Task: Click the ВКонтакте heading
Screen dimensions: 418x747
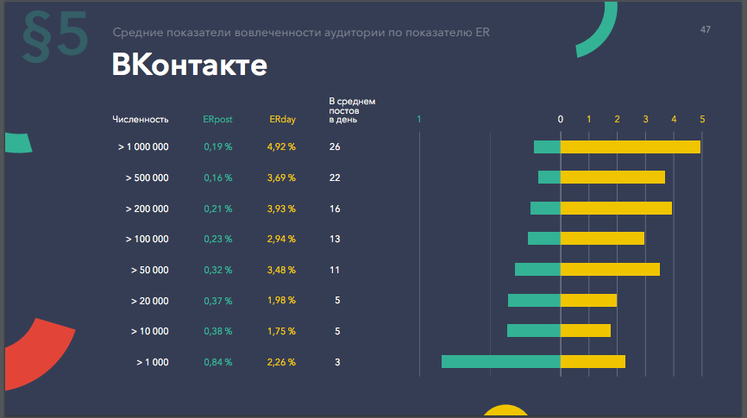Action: [x=189, y=66]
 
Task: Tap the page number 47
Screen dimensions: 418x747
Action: [x=706, y=30]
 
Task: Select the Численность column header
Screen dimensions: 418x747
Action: [x=140, y=120]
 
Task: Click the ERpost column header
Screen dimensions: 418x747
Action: [x=217, y=120]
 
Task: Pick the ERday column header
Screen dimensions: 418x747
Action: [x=282, y=120]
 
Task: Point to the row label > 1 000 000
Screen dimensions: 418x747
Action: [x=143, y=147]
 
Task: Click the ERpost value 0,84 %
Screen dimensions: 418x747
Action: [x=217, y=363]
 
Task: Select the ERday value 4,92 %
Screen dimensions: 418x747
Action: [x=281, y=147]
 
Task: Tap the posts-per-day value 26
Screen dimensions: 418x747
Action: [x=335, y=147]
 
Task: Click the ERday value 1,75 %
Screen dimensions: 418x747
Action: [x=281, y=332]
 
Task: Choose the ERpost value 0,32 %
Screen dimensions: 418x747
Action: [x=217, y=271]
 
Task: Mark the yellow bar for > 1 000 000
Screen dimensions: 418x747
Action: [x=630, y=147]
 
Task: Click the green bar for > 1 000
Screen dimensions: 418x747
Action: [x=500, y=362]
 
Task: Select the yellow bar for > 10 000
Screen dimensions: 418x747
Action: [x=586, y=331]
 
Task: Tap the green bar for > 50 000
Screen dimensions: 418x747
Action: [x=537, y=270]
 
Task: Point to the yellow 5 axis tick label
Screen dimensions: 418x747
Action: [x=702, y=119]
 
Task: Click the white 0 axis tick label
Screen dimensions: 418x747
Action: [x=561, y=119]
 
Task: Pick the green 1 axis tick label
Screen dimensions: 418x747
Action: [x=419, y=119]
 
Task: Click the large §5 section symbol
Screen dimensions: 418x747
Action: [x=53, y=36]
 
